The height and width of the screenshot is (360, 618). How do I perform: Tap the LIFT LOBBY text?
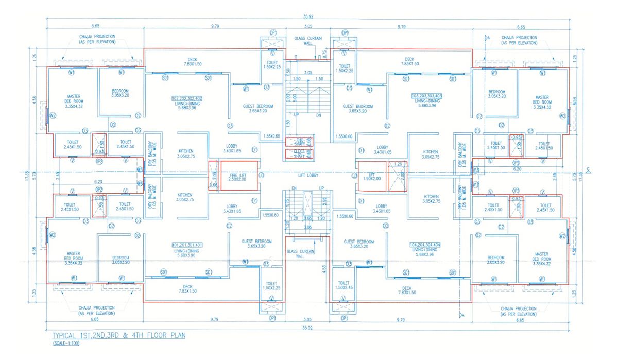[x=308, y=176]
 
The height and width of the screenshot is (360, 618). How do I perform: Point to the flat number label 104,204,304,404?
[x=427, y=244]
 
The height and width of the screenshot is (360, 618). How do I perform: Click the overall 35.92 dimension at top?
[x=308, y=16]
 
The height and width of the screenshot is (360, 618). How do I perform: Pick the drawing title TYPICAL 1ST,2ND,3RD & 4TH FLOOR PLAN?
[x=116, y=335]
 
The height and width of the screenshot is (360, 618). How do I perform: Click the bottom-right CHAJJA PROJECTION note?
[x=518, y=311]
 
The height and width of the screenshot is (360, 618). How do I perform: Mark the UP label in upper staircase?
[x=296, y=115]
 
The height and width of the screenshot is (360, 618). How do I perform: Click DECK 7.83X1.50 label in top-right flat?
[x=409, y=61]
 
